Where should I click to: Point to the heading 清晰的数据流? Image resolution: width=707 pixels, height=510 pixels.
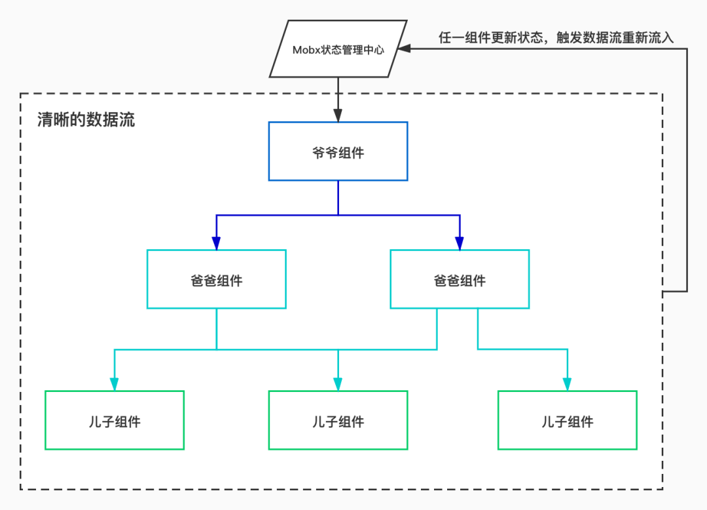[x=86, y=119]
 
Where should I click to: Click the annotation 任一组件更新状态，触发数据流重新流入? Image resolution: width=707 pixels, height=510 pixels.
[x=556, y=37]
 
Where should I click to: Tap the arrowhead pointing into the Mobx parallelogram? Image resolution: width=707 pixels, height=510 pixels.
[x=403, y=49]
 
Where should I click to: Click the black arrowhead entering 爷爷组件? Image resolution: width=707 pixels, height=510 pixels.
[x=338, y=115]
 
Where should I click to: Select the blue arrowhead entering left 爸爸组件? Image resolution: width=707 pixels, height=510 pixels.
[x=217, y=243]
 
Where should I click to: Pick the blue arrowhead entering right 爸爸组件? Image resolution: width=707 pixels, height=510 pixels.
[x=460, y=243]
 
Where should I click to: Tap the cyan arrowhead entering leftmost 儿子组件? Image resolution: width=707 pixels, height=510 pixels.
[x=115, y=384]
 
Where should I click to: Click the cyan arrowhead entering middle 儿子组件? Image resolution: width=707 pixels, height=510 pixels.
[x=338, y=384]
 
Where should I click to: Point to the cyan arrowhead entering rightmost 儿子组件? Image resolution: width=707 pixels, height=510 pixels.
[x=567, y=384]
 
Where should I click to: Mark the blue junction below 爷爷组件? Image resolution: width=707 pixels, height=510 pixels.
[x=338, y=215]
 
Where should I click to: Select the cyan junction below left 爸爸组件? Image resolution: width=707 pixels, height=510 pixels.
[x=217, y=349]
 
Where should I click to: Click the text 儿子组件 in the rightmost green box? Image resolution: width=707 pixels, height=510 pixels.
[x=567, y=422]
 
